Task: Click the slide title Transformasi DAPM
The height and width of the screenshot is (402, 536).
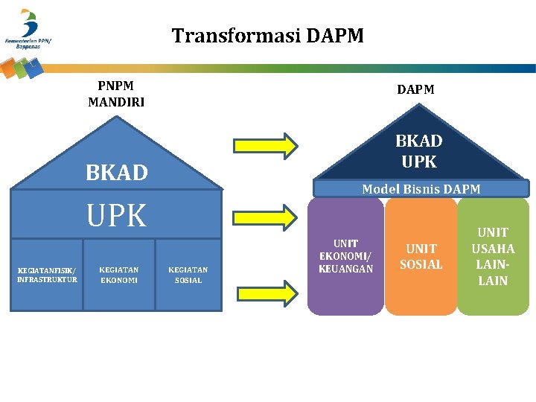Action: click(268, 35)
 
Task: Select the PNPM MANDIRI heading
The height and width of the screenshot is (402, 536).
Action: click(116, 95)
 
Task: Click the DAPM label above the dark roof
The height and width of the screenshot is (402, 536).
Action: click(415, 89)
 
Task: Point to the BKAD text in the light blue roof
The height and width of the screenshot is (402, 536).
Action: click(117, 173)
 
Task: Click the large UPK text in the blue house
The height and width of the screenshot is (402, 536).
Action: click(117, 216)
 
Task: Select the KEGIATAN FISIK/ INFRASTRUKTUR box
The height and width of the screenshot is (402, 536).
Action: click(47, 274)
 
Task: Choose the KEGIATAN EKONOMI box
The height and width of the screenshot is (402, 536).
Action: click(118, 274)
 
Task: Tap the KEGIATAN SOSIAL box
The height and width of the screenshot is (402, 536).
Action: click(188, 274)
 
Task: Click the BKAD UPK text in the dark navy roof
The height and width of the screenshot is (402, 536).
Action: click(418, 151)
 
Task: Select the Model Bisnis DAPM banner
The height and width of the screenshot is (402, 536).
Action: click(421, 189)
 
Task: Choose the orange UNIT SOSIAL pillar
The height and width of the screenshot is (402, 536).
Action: click(421, 256)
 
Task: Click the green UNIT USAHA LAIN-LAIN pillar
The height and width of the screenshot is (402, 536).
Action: click(493, 257)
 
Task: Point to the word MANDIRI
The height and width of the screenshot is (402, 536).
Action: click(116, 102)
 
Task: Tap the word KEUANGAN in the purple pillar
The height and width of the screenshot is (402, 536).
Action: click(346, 269)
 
